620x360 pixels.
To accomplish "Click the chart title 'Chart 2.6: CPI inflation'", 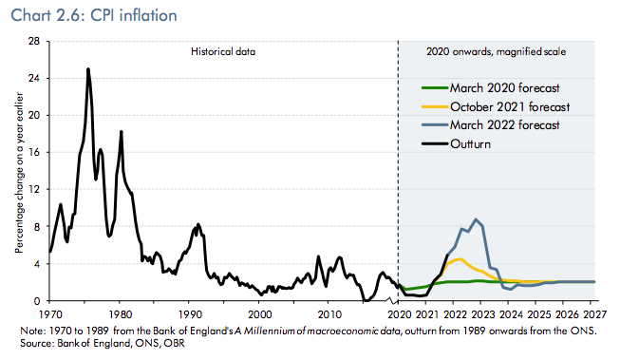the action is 94,16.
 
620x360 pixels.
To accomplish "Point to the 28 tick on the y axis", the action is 34,41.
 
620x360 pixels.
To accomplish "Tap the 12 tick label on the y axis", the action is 34,189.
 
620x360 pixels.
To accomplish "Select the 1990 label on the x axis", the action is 190,314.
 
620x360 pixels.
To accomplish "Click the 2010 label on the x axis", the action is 329,314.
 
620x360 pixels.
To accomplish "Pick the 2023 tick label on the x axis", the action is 483,314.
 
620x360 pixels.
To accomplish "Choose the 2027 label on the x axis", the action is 594,314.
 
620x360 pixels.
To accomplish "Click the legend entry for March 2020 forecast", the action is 491,87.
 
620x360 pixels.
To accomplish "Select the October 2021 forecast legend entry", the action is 496,106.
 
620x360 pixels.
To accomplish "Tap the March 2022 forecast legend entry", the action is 491,125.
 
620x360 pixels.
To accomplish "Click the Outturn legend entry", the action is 456,144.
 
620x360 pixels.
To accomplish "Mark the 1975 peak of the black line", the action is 88,69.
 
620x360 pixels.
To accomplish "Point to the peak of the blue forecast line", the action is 476,219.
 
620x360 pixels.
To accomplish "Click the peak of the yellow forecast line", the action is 460,258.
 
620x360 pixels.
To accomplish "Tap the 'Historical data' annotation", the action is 223,52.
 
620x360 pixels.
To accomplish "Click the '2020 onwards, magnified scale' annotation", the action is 496,52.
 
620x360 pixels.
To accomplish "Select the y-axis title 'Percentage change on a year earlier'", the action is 19,173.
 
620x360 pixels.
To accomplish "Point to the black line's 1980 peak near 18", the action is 121,131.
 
